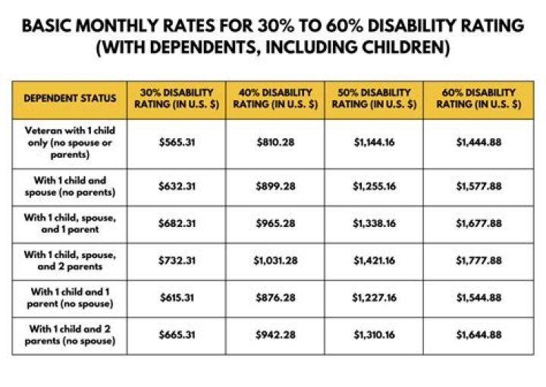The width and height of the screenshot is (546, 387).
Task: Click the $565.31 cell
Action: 177,143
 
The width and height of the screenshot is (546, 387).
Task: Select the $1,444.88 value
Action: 479,143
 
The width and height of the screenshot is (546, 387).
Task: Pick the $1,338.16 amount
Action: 373,224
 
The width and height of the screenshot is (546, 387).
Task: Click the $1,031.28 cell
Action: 275,260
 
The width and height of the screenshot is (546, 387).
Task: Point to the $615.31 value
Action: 177,298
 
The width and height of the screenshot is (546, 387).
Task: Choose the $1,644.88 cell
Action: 479,335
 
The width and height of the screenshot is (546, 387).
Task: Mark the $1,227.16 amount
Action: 373,298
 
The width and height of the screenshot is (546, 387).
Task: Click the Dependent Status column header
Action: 70,99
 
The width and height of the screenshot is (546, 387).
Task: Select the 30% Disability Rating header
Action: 177,99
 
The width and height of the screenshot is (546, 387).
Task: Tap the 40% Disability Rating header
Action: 275,99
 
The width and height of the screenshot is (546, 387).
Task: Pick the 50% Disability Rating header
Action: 373,99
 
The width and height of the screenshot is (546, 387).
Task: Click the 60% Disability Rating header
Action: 479,99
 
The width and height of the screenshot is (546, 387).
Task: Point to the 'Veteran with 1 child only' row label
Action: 70,143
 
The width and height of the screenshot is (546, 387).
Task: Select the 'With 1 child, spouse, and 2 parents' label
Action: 70,260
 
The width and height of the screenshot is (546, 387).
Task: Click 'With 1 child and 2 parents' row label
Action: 70,335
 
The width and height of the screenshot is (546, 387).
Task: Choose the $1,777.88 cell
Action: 479,260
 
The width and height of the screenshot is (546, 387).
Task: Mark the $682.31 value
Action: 177,224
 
